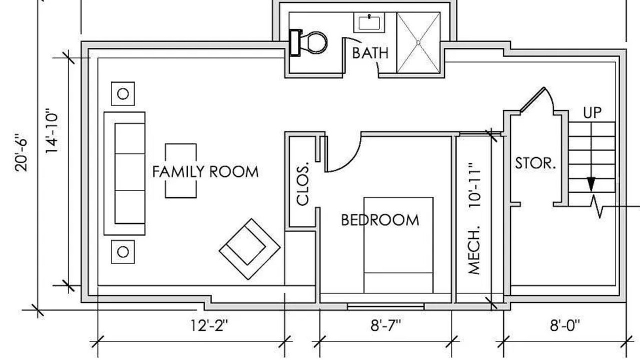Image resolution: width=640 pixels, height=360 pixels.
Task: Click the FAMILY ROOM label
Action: (205, 171)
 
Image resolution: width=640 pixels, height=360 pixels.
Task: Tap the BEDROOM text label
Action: (380, 220)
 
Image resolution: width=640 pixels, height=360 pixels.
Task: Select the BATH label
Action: (370, 53)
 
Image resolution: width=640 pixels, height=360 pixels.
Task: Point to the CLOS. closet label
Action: (303, 184)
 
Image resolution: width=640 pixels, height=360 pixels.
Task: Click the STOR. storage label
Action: (535, 163)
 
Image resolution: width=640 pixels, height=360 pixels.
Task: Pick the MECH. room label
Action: (474, 250)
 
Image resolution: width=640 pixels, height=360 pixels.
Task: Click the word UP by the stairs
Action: (592, 113)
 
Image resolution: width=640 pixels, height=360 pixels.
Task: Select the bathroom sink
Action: (369, 22)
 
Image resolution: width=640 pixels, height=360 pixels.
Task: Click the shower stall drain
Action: (418, 43)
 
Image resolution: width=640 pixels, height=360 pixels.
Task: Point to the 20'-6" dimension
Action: (21, 152)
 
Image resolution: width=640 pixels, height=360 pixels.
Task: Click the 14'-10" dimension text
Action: (52, 131)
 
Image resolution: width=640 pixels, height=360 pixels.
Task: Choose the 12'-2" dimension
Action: (209, 325)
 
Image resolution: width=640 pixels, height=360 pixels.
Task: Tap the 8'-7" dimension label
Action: (385, 325)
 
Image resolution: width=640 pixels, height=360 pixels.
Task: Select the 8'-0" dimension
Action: (565, 325)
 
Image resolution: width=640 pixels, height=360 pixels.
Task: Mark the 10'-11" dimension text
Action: (474, 185)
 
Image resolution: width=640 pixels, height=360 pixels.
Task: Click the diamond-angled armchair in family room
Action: (249, 249)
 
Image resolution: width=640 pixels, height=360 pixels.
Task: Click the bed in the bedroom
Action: (398, 245)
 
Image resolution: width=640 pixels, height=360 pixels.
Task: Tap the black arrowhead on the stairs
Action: (591, 184)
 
